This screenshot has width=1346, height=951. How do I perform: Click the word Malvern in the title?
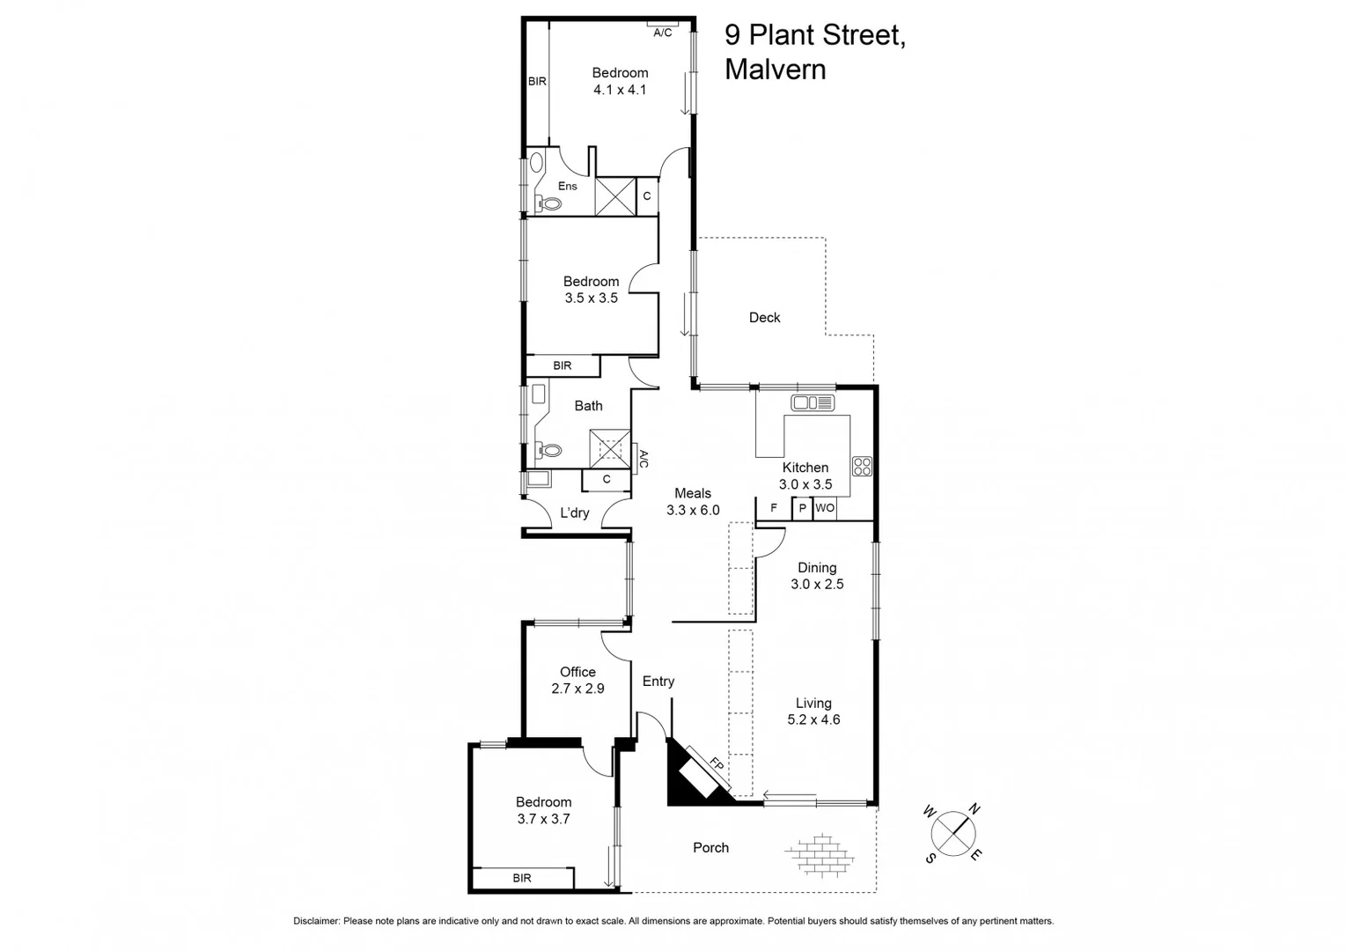pos(775,70)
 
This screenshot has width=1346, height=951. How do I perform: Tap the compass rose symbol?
pos(952,832)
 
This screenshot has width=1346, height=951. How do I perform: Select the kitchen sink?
pos(813,403)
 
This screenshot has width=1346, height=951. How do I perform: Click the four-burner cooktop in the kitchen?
pos(862,467)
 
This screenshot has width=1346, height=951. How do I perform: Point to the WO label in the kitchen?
pos(824,508)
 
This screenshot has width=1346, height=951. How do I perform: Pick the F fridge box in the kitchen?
pos(774,508)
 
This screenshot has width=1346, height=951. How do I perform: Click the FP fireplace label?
pos(717,765)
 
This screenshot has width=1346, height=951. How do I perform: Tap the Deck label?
pos(764,318)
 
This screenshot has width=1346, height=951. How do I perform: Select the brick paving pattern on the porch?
pos(819,855)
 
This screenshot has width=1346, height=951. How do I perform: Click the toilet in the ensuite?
pos(550,203)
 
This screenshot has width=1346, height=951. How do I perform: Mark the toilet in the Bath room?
pos(550,450)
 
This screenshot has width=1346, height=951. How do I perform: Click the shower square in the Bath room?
pos(610,447)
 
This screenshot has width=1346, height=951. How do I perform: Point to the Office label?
pos(577,672)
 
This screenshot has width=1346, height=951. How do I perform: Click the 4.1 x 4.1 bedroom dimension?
pos(620,90)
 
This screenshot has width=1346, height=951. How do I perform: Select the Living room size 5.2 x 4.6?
pos(813,719)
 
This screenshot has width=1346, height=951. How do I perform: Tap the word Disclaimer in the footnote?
pos(316,921)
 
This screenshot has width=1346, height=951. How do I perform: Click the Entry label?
pos(658,682)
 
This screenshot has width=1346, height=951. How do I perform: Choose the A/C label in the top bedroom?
pos(663,33)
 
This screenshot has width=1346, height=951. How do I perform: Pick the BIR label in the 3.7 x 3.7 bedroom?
pos(522,878)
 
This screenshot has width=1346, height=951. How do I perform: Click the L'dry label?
pos(575,513)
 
